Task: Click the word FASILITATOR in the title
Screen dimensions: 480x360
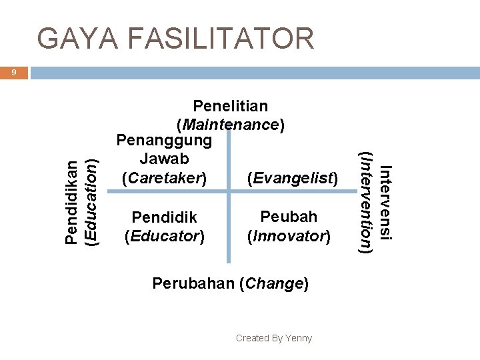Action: pos(219,39)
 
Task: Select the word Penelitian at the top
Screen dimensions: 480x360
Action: pos(230,105)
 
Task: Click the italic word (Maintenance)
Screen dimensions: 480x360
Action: pos(230,124)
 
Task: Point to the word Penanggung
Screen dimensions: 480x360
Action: pos(164,141)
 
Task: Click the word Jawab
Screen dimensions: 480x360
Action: pos(164,159)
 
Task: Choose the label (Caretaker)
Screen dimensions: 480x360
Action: pos(164,178)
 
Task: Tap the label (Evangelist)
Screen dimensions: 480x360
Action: pos(293,178)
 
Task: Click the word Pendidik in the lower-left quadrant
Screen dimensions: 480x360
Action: pos(164,217)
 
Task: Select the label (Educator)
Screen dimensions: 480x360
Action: pos(164,235)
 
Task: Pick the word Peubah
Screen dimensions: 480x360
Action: pos(289,217)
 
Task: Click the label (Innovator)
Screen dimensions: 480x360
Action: pos(289,235)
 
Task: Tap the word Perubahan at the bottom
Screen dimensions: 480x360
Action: pos(197,283)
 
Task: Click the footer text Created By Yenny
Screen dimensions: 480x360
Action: pos(273,338)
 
